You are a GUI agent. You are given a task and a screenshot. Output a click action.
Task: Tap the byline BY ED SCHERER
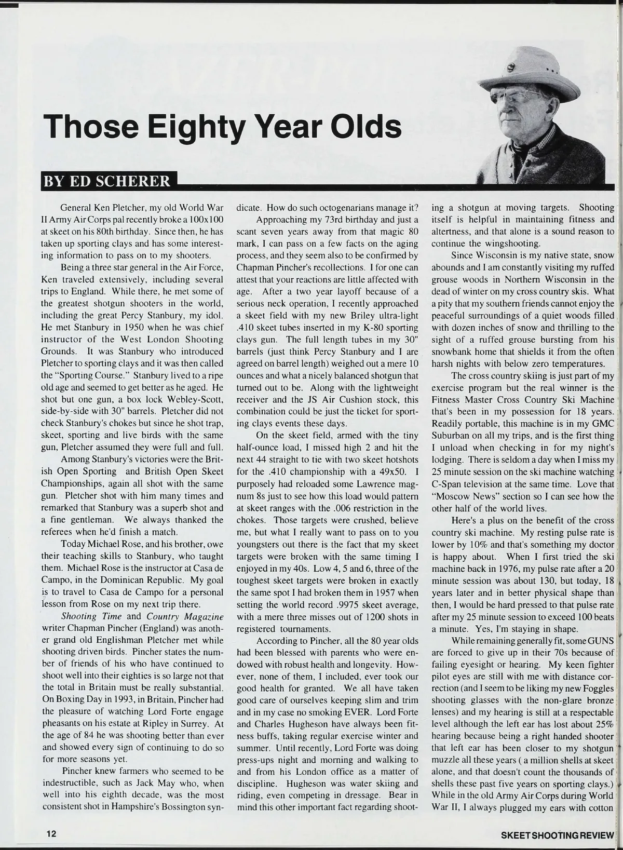(107, 181)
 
